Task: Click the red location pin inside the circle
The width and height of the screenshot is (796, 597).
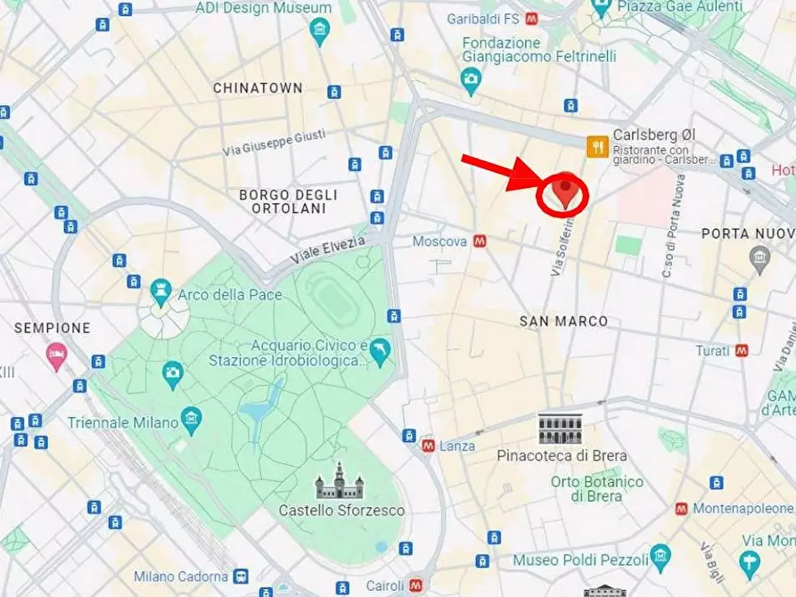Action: [x=563, y=191]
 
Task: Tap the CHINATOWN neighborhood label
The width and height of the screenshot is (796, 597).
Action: [x=258, y=88]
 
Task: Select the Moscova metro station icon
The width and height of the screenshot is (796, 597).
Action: [x=480, y=241]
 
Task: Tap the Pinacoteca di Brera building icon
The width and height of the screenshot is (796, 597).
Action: [x=560, y=429]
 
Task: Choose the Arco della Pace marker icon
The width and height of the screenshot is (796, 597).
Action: [x=160, y=289]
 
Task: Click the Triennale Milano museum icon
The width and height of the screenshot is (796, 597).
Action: [x=191, y=417]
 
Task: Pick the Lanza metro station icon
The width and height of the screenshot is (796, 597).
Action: [x=428, y=445]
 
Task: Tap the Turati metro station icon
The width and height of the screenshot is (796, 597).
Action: [x=742, y=350]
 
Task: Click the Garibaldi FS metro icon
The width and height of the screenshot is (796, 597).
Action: [x=531, y=17]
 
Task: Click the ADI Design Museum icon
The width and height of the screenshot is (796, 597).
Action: [x=319, y=33]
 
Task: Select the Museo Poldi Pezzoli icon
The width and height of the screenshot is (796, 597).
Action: [x=660, y=557]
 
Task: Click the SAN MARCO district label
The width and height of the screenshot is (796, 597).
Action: [x=563, y=321]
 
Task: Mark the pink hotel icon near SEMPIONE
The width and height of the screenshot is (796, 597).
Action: [x=56, y=355]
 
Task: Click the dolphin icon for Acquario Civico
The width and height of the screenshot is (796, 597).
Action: [x=381, y=352]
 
